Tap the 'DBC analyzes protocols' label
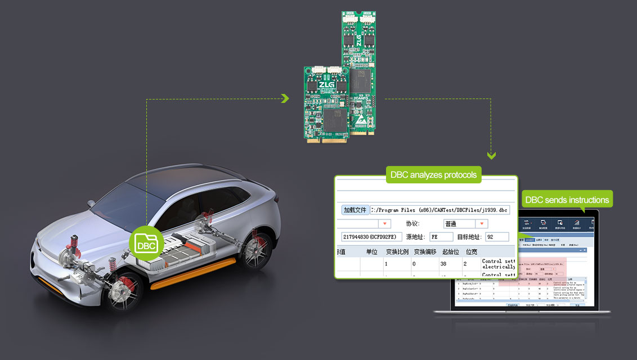click(x=433, y=175)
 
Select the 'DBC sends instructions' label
click(x=566, y=200)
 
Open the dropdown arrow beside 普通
click(x=482, y=224)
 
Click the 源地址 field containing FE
click(x=441, y=237)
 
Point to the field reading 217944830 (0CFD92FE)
click(x=369, y=237)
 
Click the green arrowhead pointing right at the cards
click(x=285, y=99)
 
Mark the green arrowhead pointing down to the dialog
click(x=491, y=155)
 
